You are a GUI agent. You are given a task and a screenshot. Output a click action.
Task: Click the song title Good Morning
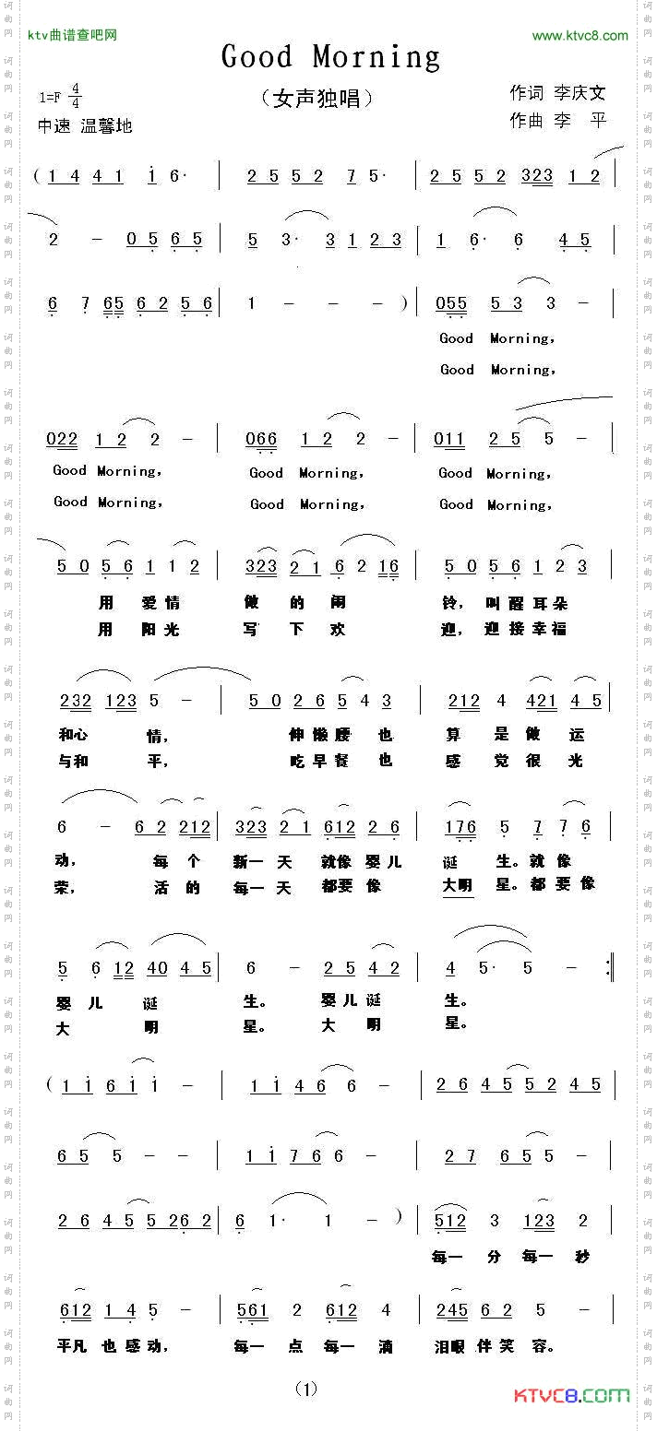330,57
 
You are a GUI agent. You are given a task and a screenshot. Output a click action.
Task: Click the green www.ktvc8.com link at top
579,36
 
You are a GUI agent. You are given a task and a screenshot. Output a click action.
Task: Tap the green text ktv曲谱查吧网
72,36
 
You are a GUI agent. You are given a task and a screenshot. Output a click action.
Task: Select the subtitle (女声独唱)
317,98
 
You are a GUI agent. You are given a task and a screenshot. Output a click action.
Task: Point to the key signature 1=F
52,96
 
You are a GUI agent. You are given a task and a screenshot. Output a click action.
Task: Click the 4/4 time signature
75,96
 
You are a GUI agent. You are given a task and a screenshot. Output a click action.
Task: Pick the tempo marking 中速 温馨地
85,126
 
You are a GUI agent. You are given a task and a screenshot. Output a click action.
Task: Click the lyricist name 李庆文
579,93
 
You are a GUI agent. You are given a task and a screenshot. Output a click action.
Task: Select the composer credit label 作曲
526,121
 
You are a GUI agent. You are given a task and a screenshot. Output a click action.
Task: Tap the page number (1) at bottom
306,1389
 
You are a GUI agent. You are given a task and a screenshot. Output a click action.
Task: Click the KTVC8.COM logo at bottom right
571,1395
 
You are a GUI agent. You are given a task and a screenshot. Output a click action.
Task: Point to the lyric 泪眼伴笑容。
495,1345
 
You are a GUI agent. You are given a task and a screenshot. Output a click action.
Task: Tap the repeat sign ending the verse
610,967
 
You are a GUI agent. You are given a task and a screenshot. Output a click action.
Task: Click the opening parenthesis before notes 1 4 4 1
36,175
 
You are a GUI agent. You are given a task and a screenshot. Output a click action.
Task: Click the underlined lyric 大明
458,885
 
